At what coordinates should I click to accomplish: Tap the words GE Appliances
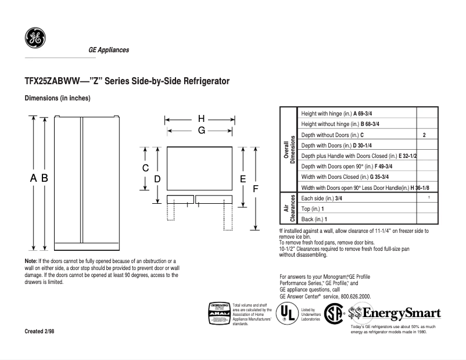[109, 50]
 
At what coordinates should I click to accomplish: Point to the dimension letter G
[201, 131]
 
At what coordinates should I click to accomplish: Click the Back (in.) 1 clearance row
[314, 219]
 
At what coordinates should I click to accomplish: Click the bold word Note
[30, 262]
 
